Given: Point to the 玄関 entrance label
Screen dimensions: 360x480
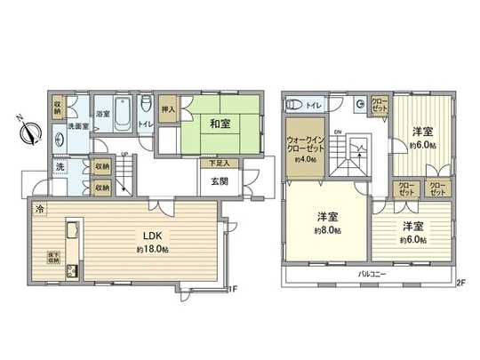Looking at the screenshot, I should coord(218,180).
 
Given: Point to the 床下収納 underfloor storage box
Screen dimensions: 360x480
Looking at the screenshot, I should coord(52,257).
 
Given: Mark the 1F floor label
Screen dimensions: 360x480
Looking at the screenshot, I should coord(232,287).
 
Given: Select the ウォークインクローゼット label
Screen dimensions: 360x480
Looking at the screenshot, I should coord(303,144).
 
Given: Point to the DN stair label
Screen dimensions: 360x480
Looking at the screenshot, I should coord(338,133).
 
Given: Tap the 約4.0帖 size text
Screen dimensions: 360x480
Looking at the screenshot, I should coord(303,161).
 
